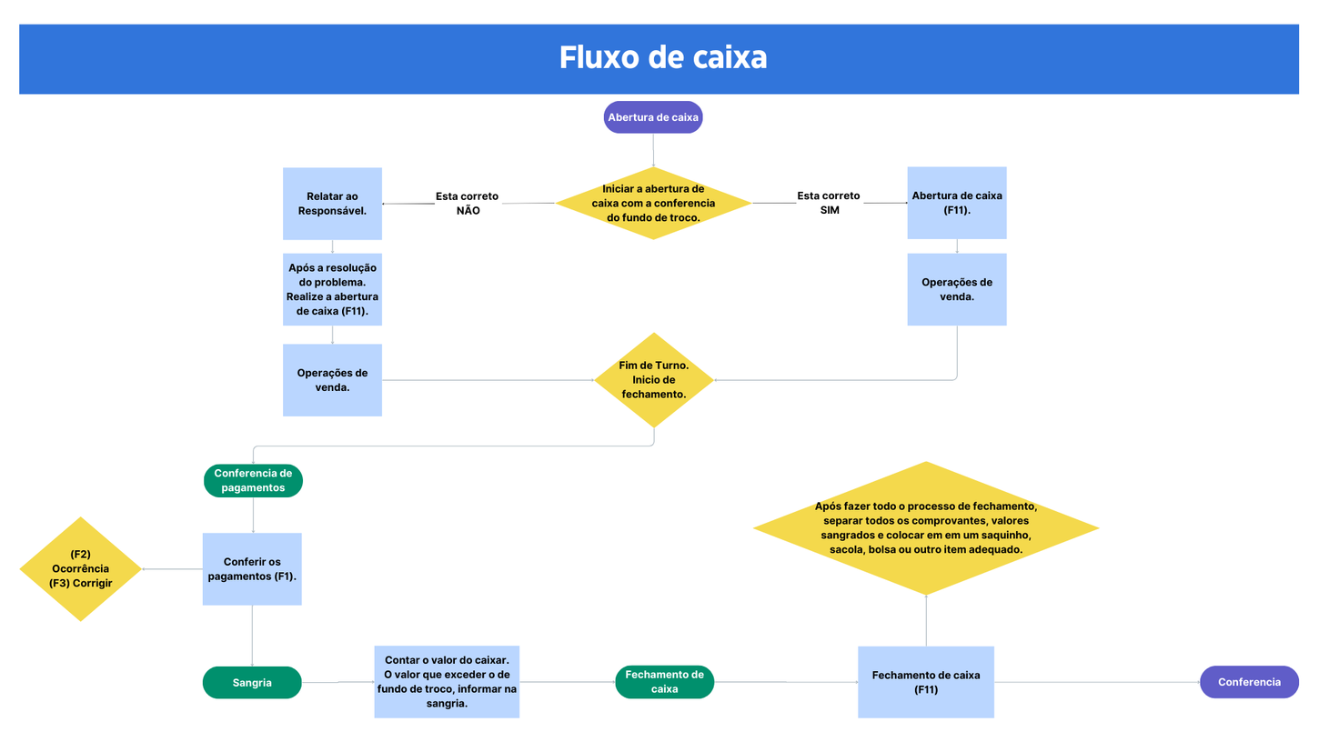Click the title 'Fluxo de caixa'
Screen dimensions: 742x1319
click(x=662, y=57)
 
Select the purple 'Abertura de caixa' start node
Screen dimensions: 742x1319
click(x=653, y=117)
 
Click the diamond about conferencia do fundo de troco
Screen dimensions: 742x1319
click(x=653, y=203)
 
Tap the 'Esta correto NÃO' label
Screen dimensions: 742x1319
click(x=467, y=203)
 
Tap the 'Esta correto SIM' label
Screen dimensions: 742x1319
click(x=829, y=203)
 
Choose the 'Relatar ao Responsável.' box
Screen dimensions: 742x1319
click(x=332, y=203)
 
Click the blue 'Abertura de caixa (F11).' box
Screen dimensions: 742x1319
click(x=956, y=203)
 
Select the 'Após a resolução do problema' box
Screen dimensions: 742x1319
click(x=332, y=289)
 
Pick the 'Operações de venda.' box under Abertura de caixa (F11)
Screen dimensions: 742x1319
click(x=956, y=289)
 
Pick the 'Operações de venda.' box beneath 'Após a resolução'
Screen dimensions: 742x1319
click(x=332, y=380)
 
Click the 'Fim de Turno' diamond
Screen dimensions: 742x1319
click(x=653, y=380)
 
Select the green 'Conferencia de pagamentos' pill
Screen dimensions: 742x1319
click(x=253, y=480)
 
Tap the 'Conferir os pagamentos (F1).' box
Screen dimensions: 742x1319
click(x=252, y=568)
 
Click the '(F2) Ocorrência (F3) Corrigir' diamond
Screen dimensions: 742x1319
click(x=81, y=569)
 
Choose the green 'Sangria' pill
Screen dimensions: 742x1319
click(x=252, y=682)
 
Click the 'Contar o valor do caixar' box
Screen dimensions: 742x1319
click(x=447, y=682)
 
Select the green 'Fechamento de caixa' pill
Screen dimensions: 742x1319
click(x=664, y=682)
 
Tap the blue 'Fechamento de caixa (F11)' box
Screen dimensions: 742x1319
click(x=926, y=682)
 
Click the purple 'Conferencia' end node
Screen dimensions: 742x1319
click(x=1249, y=682)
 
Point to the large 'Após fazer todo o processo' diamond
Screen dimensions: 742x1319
click(x=926, y=528)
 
